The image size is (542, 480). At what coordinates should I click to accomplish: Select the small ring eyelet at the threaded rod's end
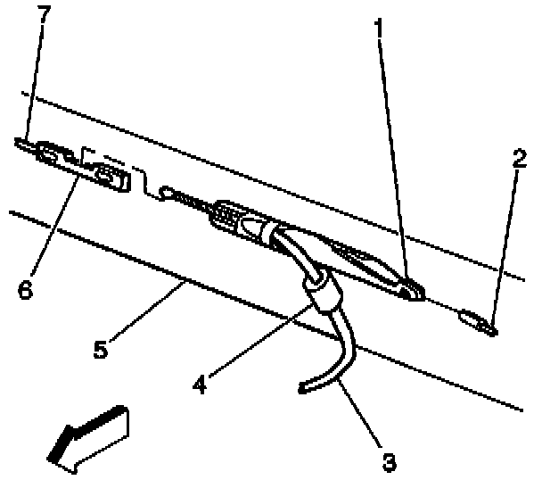pyautogui.click(x=165, y=190)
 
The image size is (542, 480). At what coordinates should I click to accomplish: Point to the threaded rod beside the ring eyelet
pyautogui.click(x=191, y=202)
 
